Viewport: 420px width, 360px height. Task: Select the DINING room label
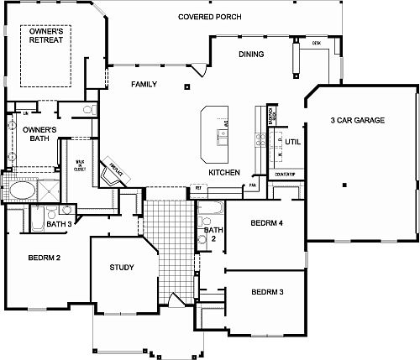(x=251, y=55)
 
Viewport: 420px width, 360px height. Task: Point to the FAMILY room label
(x=144, y=85)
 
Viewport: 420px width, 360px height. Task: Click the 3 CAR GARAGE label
(x=358, y=121)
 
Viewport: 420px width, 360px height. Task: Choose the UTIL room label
(x=292, y=143)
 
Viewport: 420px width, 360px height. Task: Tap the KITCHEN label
(x=224, y=172)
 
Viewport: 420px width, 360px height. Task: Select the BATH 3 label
(x=58, y=224)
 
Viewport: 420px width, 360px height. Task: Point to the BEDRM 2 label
(x=45, y=258)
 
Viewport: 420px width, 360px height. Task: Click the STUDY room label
(x=123, y=268)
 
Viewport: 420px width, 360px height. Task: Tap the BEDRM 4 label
(x=268, y=223)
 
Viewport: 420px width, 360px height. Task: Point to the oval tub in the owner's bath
(x=21, y=191)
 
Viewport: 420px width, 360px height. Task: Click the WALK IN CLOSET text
(x=81, y=165)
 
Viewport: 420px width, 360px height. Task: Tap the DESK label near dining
(x=317, y=41)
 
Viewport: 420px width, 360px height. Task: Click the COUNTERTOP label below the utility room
(x=284, y=174)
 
